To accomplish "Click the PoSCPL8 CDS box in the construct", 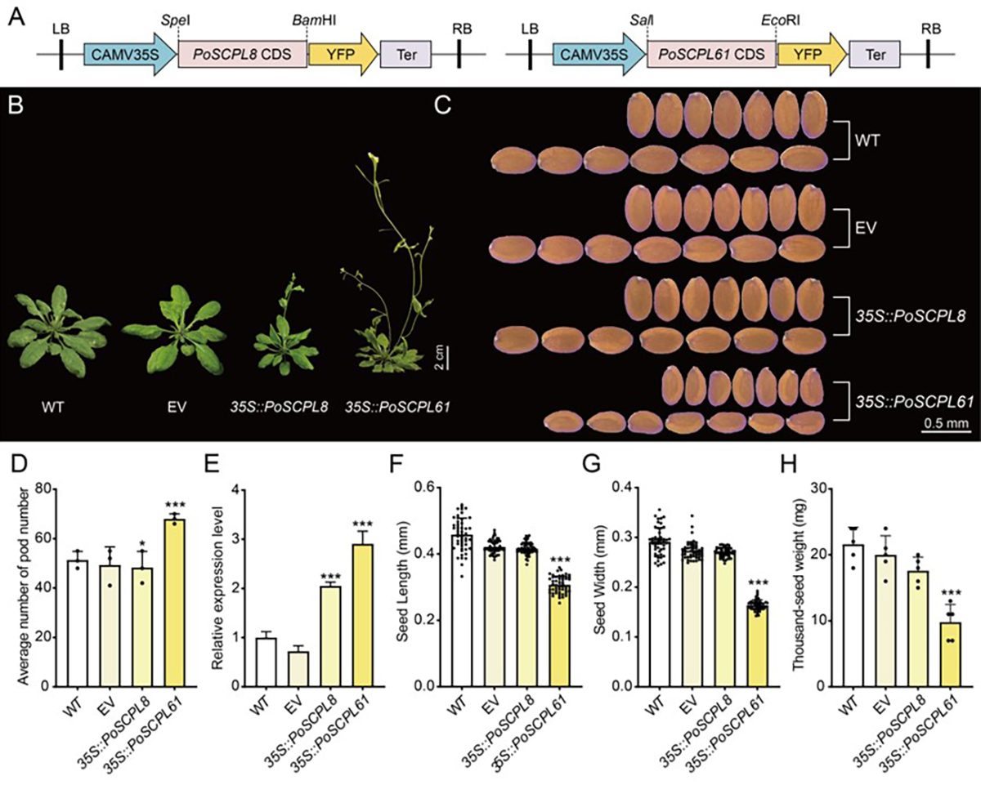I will (242, 54).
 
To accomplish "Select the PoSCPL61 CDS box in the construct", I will (711, 54).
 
